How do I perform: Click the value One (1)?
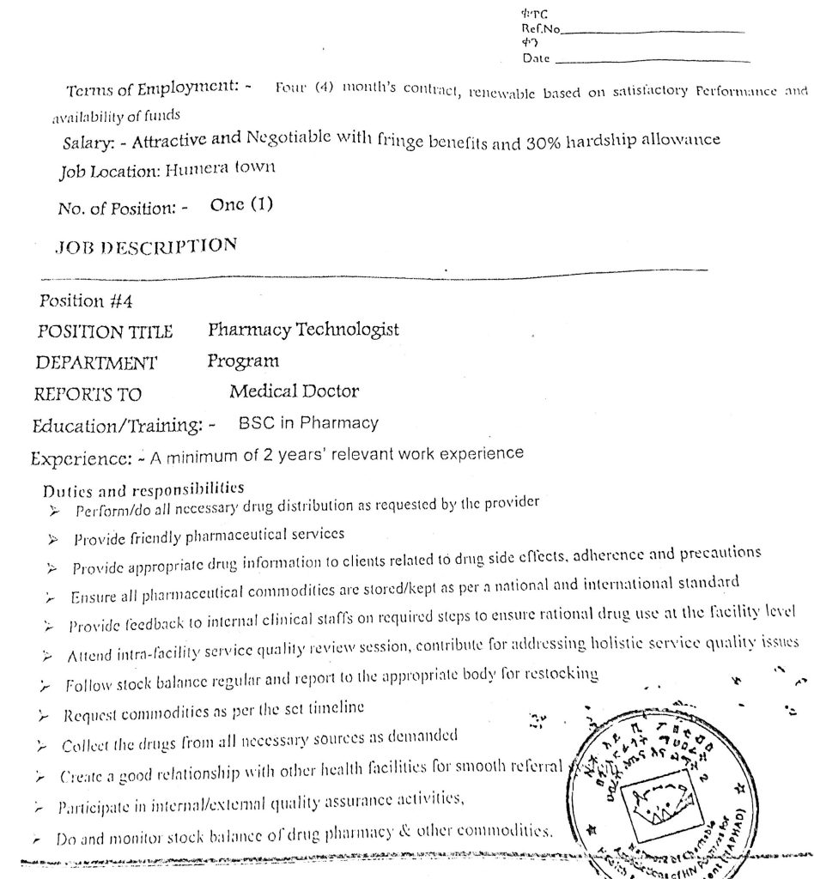pos(241,206)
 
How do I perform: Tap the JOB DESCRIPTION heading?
pos(146,246)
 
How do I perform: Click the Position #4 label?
pos(86,301)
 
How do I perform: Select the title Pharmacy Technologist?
pos(303,330)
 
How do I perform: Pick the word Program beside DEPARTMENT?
pos(243,361)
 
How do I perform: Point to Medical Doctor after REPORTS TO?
pos(294,392)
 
